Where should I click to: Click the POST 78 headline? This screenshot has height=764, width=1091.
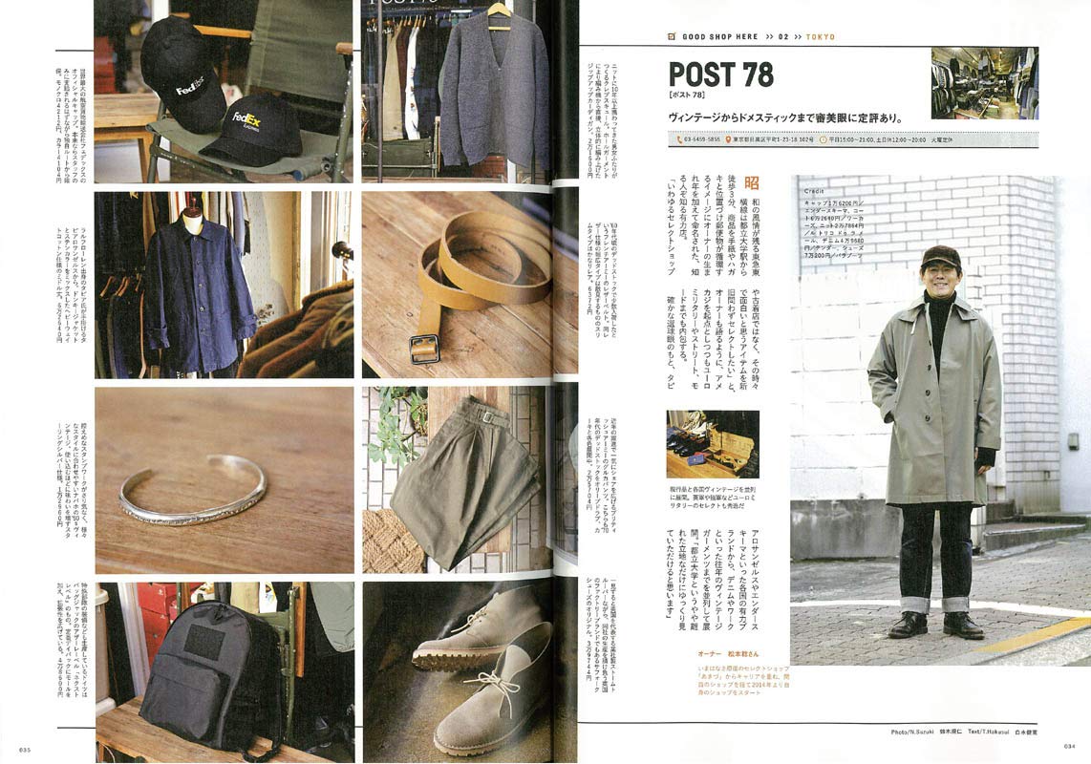[x=720, y=74]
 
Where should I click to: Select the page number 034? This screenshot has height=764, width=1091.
[x=1069, y=747]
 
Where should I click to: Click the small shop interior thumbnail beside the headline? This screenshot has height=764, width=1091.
[x=984, y=83]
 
